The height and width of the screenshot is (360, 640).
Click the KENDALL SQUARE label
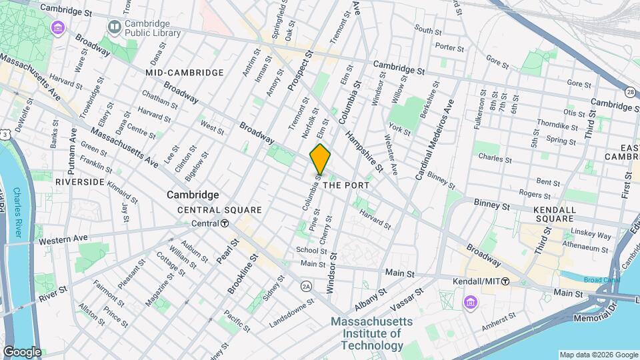point(554,214)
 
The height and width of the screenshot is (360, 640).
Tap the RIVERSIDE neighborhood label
point(80,181)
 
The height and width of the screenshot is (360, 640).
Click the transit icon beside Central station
point(225,223)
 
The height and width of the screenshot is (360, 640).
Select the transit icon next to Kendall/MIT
point(506,281)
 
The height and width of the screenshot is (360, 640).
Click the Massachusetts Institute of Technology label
point(372,333)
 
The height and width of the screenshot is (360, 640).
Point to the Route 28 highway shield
point(629,92)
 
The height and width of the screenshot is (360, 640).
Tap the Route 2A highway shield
point(306,286)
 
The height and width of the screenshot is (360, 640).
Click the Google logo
point(21,351)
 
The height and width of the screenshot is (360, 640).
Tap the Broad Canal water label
point(595,280)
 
